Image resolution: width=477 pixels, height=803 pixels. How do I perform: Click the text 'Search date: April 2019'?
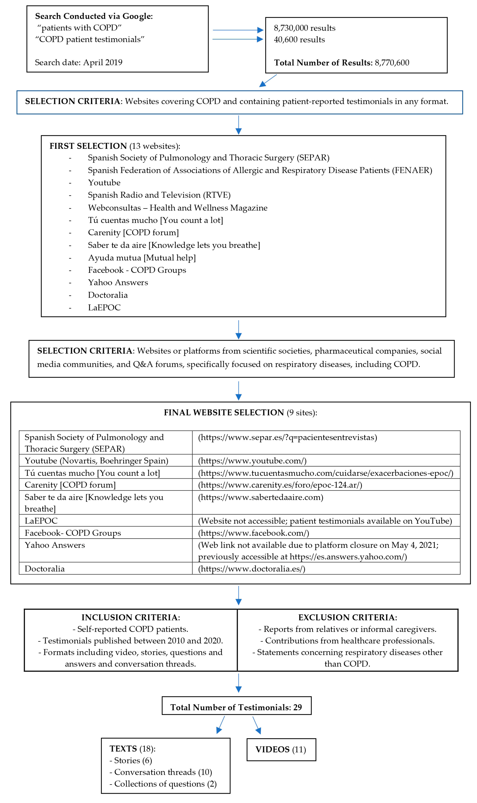click(78, 62)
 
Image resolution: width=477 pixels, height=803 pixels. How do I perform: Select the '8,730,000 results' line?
click(304, 28)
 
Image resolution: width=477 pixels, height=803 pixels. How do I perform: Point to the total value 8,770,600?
click(392, 63)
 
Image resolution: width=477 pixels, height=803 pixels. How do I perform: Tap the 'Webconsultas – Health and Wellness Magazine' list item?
click(177, 208)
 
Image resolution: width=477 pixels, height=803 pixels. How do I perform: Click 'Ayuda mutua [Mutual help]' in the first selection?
click(142, 258)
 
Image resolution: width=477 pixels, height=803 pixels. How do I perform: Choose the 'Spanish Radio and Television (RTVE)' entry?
click(159, 195)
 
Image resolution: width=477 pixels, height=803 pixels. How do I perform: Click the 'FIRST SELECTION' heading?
click(88, 146)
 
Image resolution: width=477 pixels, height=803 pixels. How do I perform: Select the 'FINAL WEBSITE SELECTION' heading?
click(224, 412)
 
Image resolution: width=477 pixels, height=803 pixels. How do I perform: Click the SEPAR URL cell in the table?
click(287, 437)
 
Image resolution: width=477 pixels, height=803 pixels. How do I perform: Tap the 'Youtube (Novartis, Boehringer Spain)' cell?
click(96, 461)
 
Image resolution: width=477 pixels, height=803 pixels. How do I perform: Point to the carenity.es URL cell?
click(280, 485)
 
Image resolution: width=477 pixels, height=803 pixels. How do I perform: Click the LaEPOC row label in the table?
click(41, 521)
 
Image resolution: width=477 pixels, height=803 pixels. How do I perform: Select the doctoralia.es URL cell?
click(251, 569)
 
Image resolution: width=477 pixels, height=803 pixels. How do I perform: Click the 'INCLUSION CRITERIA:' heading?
click(131, 617)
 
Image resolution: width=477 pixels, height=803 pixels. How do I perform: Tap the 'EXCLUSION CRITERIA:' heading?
click(347, 617)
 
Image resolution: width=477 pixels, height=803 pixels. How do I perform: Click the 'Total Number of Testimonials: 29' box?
click(236, 707)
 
